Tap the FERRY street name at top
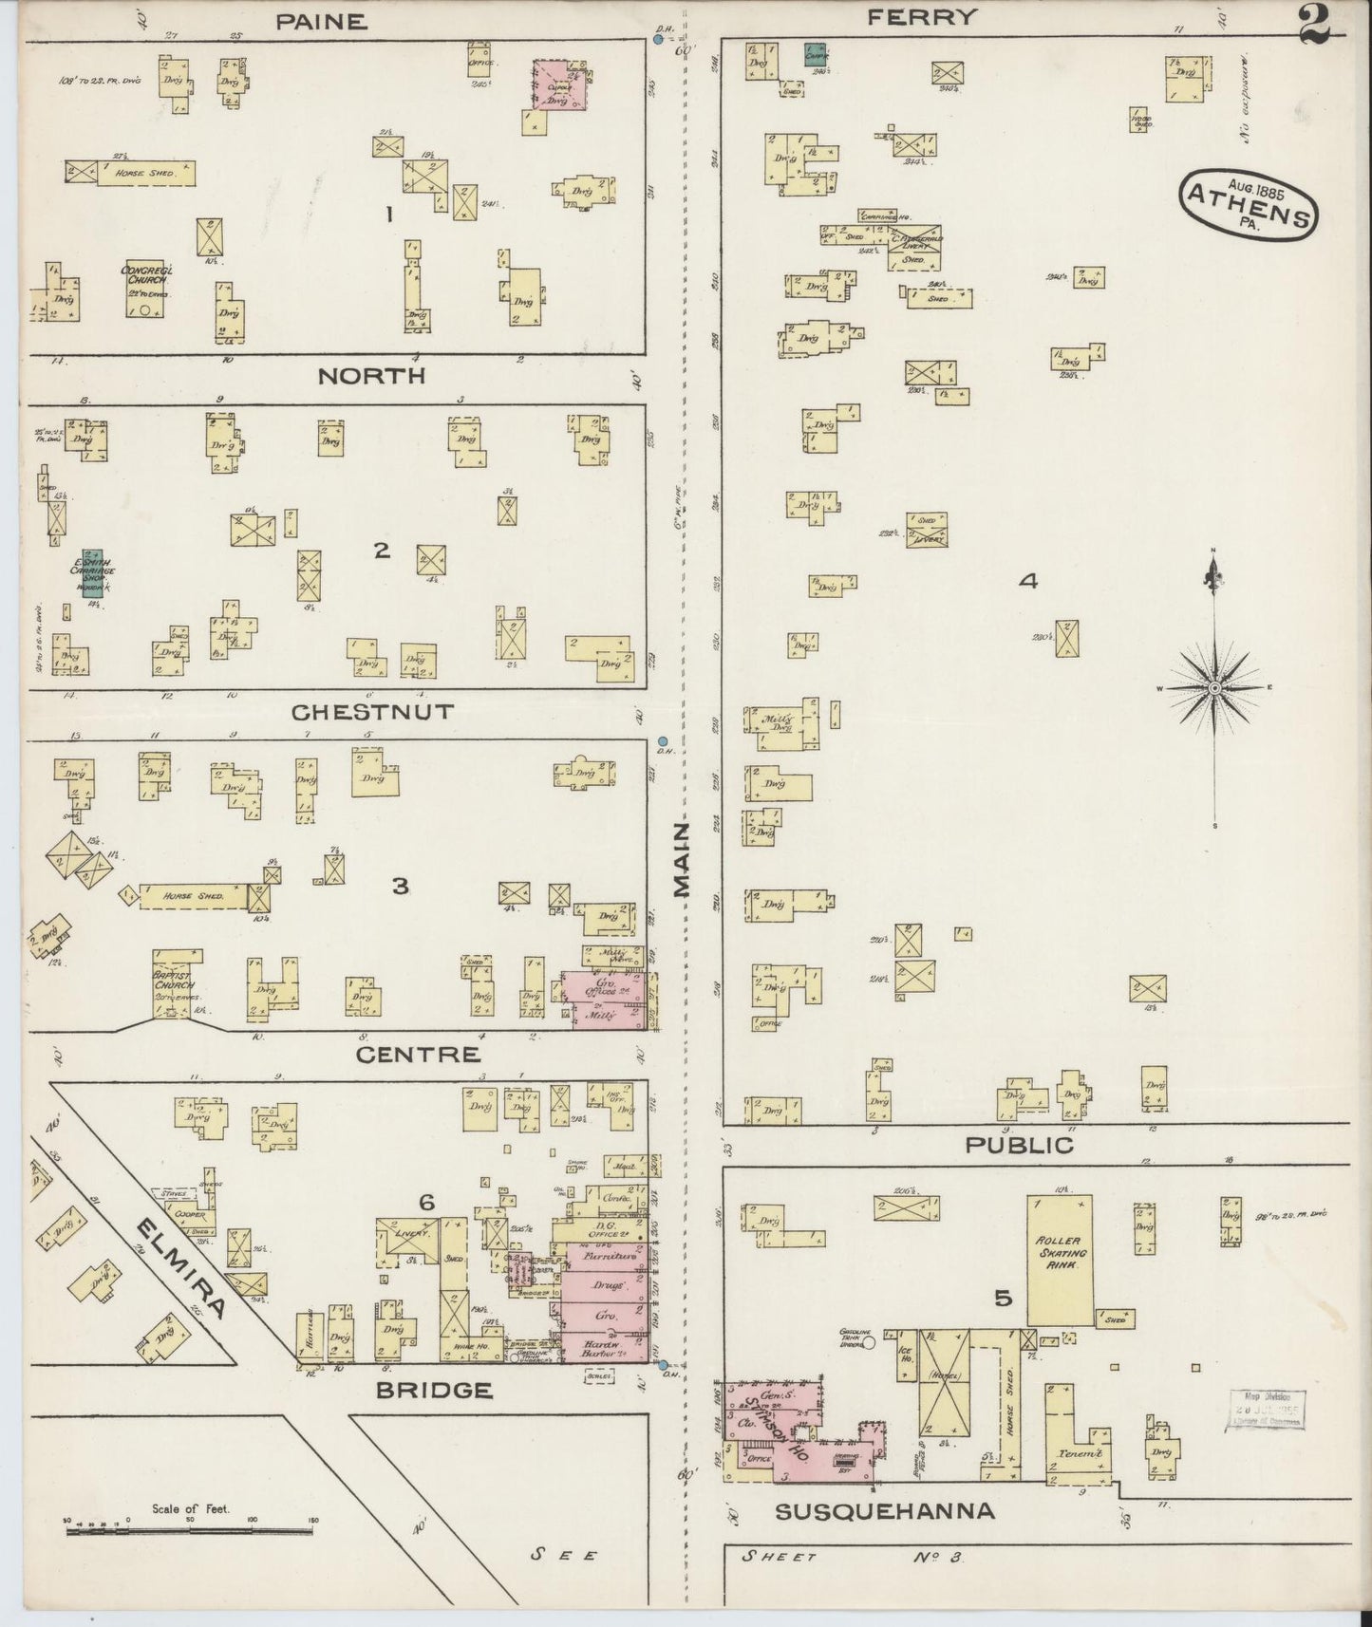pyautogui.click(x=922, y=16)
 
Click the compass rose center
pyautogui.click(x=1214, y=687)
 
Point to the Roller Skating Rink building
pyautogui.click(x=1060, y=1261)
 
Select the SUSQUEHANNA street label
pyautogui.click(x=885, y=1511)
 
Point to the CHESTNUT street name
pyautogui.click(x=359, y=712)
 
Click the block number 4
pyautogui.click(x=1027, y=581)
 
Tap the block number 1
pyautogui.click(x=388, y=215)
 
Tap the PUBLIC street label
pyautogui.click(x=1019, y=1146)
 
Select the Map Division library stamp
pyautogui.click(x=1268, y=1409)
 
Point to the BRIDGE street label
pyautogui.click(x=434, y=1390)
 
